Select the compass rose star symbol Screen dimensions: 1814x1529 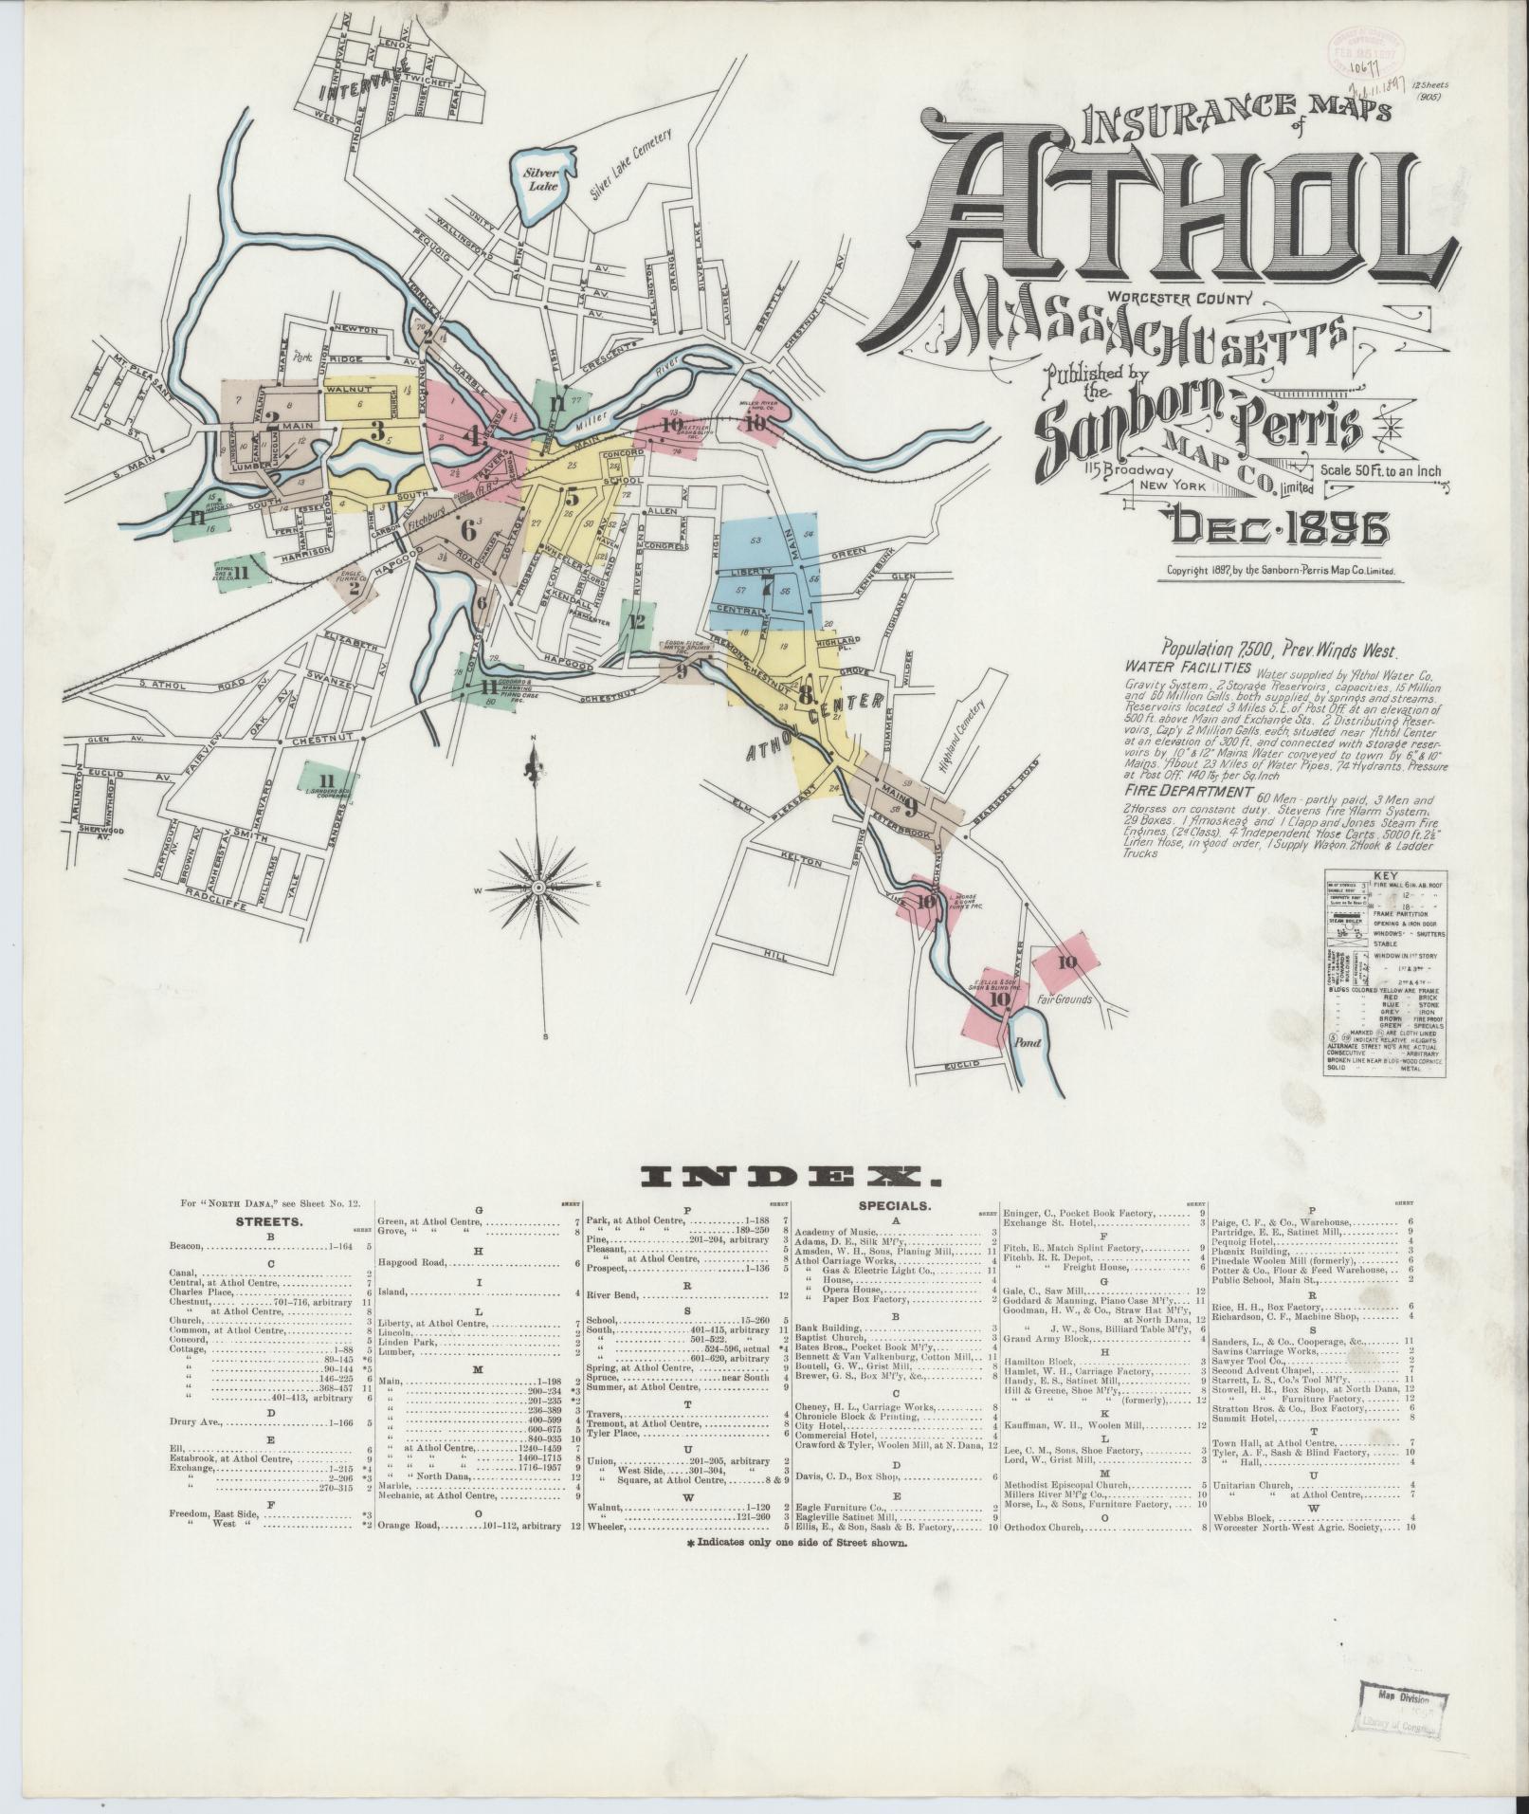pos(538,887)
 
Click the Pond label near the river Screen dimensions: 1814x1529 pos(1028,1042)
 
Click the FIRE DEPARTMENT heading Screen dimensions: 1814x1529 pos(1183,790)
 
